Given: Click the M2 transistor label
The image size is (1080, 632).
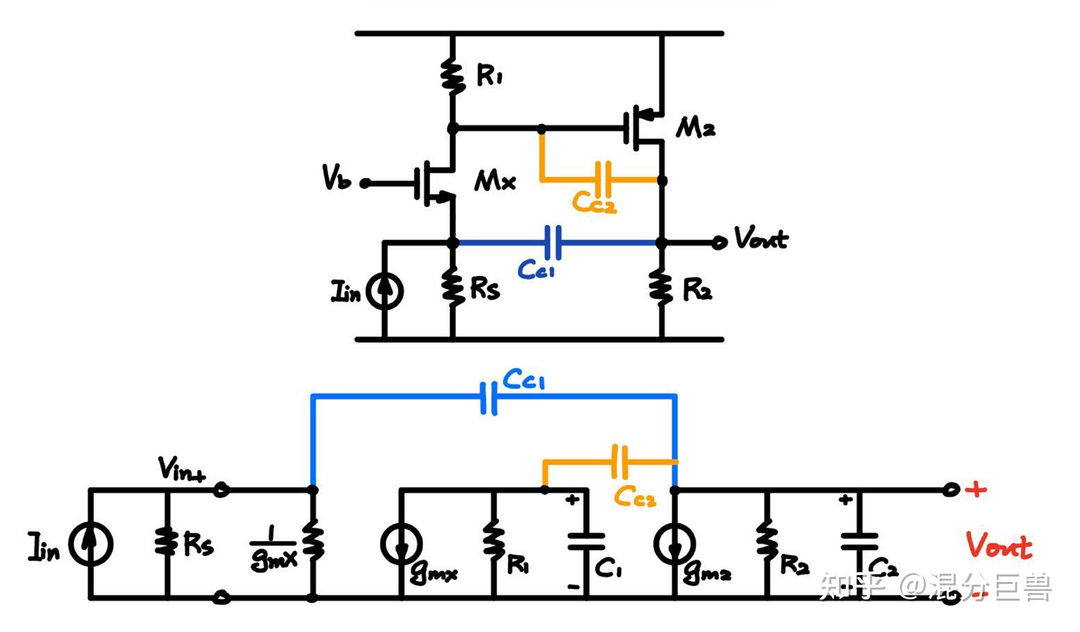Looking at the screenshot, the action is pyautogui.click(x=695, y=129).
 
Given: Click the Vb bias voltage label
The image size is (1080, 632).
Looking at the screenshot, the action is pyautogui.click(x=336, y=177).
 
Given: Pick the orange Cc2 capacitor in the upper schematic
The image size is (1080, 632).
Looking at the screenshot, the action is pyautogui.click(x=603, y=179).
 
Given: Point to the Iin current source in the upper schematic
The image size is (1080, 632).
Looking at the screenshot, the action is pyautogui.click(x=384, y=291).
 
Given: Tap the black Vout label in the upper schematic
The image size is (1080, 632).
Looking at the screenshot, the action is pyautogui.click(x=761, y=238).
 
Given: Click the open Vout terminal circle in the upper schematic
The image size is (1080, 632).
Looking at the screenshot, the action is pyautogui.click(x=719, y=242).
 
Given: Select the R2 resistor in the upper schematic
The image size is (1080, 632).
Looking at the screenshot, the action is pyautogui.click(x=662, y=288).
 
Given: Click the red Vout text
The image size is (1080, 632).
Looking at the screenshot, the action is pyautogui.click(x=999, y=545).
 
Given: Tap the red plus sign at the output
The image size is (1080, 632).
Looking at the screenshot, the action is pyautogui.click(x=976, y=489).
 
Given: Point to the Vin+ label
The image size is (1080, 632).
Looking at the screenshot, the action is pyautogui.click(x=182, y=469).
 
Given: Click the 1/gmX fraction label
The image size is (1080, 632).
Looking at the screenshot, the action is pyautogui.click(x=274, y=549).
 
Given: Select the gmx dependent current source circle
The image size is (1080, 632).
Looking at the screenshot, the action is pyautogui.click(x=401, y=544).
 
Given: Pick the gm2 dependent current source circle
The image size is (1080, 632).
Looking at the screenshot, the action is pyautogui.click(x=675, y=544).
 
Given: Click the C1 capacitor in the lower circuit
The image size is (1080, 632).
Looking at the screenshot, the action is pyautogui.click(x=587, y=542).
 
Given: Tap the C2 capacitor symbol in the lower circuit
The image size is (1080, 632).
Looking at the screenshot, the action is pyautogui.click(x=859, y=542).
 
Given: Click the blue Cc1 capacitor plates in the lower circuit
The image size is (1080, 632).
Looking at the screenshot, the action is pyautogui.click(x=489, y=398).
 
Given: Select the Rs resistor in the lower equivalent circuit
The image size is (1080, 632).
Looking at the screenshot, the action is pyautogui.click(x=167, y=542).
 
